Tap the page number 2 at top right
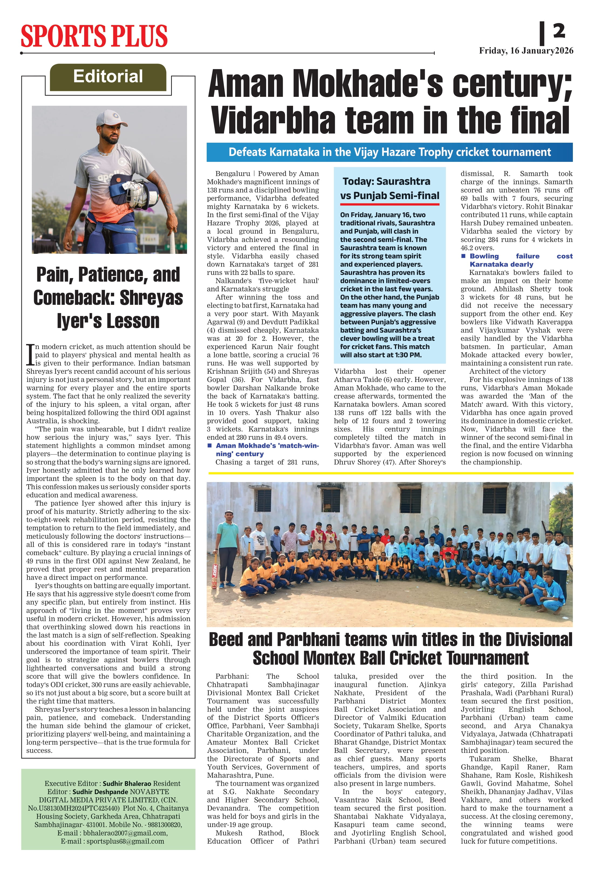click(x=559, y=31)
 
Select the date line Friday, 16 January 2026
click(x=526, y=51)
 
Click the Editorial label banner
click(x=108, y=77)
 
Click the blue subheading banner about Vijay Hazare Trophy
click(x=390, y=152)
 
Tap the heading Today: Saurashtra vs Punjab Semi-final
click(x=390, y=189)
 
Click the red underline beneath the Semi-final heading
click(x=390, y=204)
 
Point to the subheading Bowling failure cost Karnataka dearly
click(x=517, y=260)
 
